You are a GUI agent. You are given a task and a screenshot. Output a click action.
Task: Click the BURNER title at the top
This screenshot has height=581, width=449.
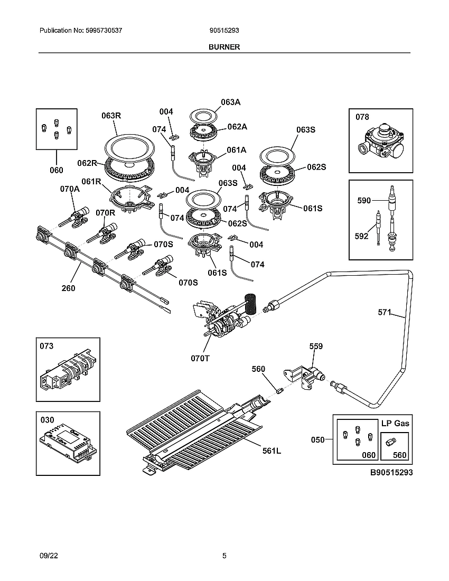click(x=224, y=46)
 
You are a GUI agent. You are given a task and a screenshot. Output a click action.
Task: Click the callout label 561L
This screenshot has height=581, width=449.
click(x=272, y=451)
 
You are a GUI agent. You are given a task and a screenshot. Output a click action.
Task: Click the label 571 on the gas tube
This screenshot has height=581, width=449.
click(x=385, y=312)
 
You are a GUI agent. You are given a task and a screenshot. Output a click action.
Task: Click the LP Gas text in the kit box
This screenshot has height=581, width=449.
click(x=395, y=423)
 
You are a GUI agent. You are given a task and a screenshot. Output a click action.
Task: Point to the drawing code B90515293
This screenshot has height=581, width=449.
click(x=391, y=472)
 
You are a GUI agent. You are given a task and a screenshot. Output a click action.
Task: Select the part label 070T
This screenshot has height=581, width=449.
click(x=200, y=358)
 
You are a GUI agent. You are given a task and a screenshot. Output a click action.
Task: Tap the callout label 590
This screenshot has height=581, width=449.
click(x=364, y=201)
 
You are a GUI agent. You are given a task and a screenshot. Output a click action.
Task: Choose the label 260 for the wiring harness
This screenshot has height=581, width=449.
click(x=68, y=288)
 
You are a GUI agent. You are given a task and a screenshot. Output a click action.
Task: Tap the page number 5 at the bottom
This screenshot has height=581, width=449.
click(x=224, y=556)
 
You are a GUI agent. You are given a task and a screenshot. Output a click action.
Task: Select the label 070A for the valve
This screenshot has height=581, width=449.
click(x=69, y=189)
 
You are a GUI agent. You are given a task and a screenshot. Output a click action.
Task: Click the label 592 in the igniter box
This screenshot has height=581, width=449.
click(x=361, y=236)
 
